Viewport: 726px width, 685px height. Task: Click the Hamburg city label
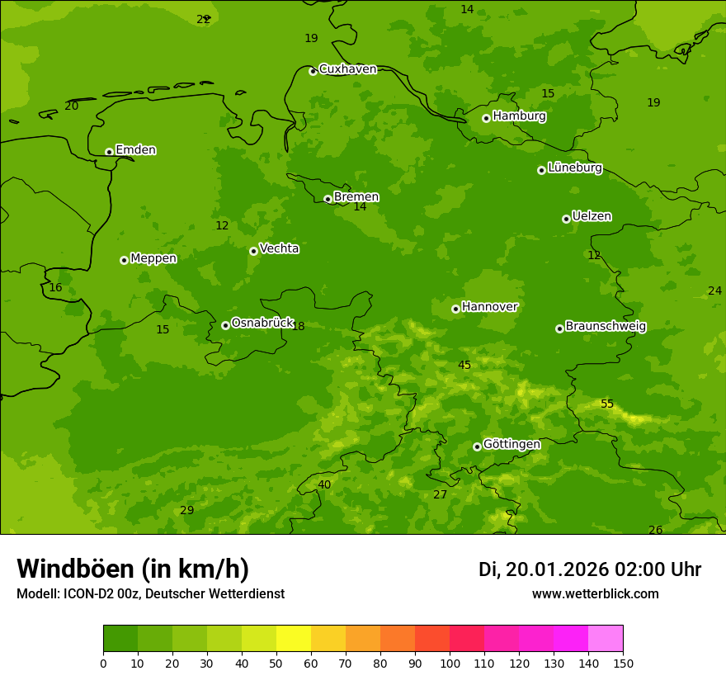point(519,116)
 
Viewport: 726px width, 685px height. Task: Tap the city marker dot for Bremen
point(328,199)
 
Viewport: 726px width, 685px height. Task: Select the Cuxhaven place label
point(347,69)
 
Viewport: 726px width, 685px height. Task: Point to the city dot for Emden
point(109,152)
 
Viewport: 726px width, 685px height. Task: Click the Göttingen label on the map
point(511,445)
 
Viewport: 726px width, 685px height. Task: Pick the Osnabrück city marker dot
point(225,325)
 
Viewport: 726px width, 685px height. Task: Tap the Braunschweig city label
point(606,327)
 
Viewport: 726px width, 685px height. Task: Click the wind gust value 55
point(607,404)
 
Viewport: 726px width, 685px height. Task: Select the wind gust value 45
point(464,366)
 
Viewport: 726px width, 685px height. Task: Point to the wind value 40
point(324,485)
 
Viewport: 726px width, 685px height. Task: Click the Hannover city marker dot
point(455,309)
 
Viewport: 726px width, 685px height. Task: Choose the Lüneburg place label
point(574,168)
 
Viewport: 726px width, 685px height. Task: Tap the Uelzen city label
point(592,217)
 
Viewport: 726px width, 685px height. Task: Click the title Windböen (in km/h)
point(133,569)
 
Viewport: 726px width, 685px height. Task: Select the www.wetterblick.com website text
point(595,594)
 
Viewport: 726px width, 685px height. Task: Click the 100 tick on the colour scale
point(450,663)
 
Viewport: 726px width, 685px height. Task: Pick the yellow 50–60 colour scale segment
point(294,639)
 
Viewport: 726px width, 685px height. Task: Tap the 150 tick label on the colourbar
point(623,663)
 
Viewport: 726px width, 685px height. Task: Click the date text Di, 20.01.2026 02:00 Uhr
point(590,569)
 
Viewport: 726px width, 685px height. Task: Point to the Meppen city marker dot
point(124,260)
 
